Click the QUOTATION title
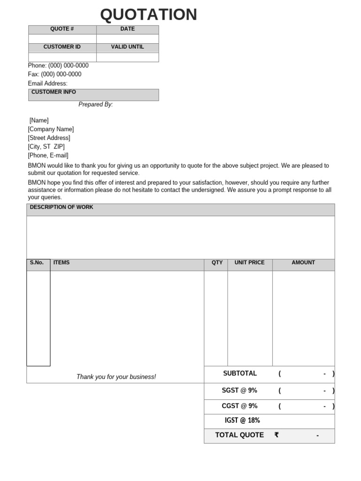pyautogui.click(x=149, y=15)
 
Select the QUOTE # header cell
pyautogui.click(x=62, y=29)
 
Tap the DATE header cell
pyautogui.click(x=127, y=29)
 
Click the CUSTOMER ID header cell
pyautogui.click(x=62, y=47)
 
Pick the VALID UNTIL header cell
pyautogui.click(x=127, y=47)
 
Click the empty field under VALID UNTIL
pyautogui.click(x=127, y=57)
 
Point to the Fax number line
pyautogui.click(x=55, y=74)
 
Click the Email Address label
pyautogui.click(x=47, y=84)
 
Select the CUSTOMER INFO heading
pyautogui.click(x=54, y=92)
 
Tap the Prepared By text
pyautogui.click(x=95, y=104)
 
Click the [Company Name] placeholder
pyautogui.click(x=51, y=129)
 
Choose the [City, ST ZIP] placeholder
pyautogui.click(x=46, y=147)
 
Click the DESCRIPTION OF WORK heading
pyautogui.click(x=62, y=207)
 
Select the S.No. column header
pyautogui.click(x=37, y=263)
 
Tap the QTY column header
pyautogui.click(x=217, y=263)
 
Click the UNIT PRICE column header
pyautogui.click(x=250, y=263)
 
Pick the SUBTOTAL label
pyautogui.click(x=240, y=373)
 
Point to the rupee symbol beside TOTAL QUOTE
pyautogui.click(x=276, y=435)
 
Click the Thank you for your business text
pyautogui.click(x=116, y=377)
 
